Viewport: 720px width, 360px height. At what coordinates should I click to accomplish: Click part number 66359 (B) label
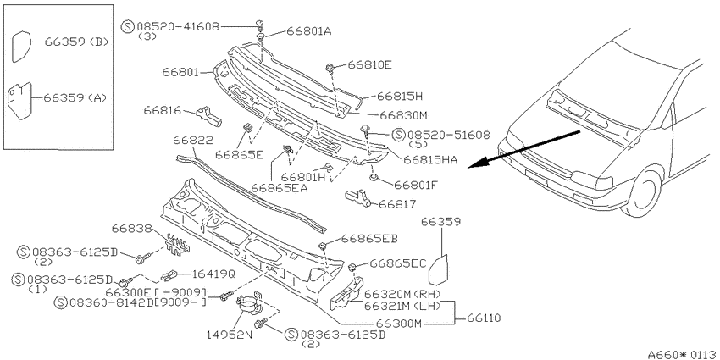pyautogui.click(x=76, y=42)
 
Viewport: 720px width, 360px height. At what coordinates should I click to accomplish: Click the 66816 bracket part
pyautogui.click(x=209, y=115)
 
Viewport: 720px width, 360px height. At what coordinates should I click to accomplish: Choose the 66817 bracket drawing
pyautogui.click(x=357, y=197)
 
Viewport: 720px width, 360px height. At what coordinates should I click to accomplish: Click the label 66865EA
pyautogui.click(x=280, y=187)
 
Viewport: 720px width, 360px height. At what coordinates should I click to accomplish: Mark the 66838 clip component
pyautogui.click(x=178, y=244)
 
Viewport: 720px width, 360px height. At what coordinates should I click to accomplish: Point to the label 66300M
pyautogui.click(x=399, y=324)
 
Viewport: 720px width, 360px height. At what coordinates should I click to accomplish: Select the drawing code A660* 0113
pyautogui.click(x=684, y=355)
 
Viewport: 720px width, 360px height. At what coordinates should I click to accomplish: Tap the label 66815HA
pyautogui.click(x=430, y=160)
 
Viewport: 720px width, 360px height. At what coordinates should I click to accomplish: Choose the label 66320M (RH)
pyautogui.click(x=402, y=294)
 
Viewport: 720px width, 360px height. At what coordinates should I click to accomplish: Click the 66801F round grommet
pyautogui.click(x=374, y=178)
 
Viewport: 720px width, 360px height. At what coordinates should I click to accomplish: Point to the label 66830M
pyautogui.click(x=402, y=115)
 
